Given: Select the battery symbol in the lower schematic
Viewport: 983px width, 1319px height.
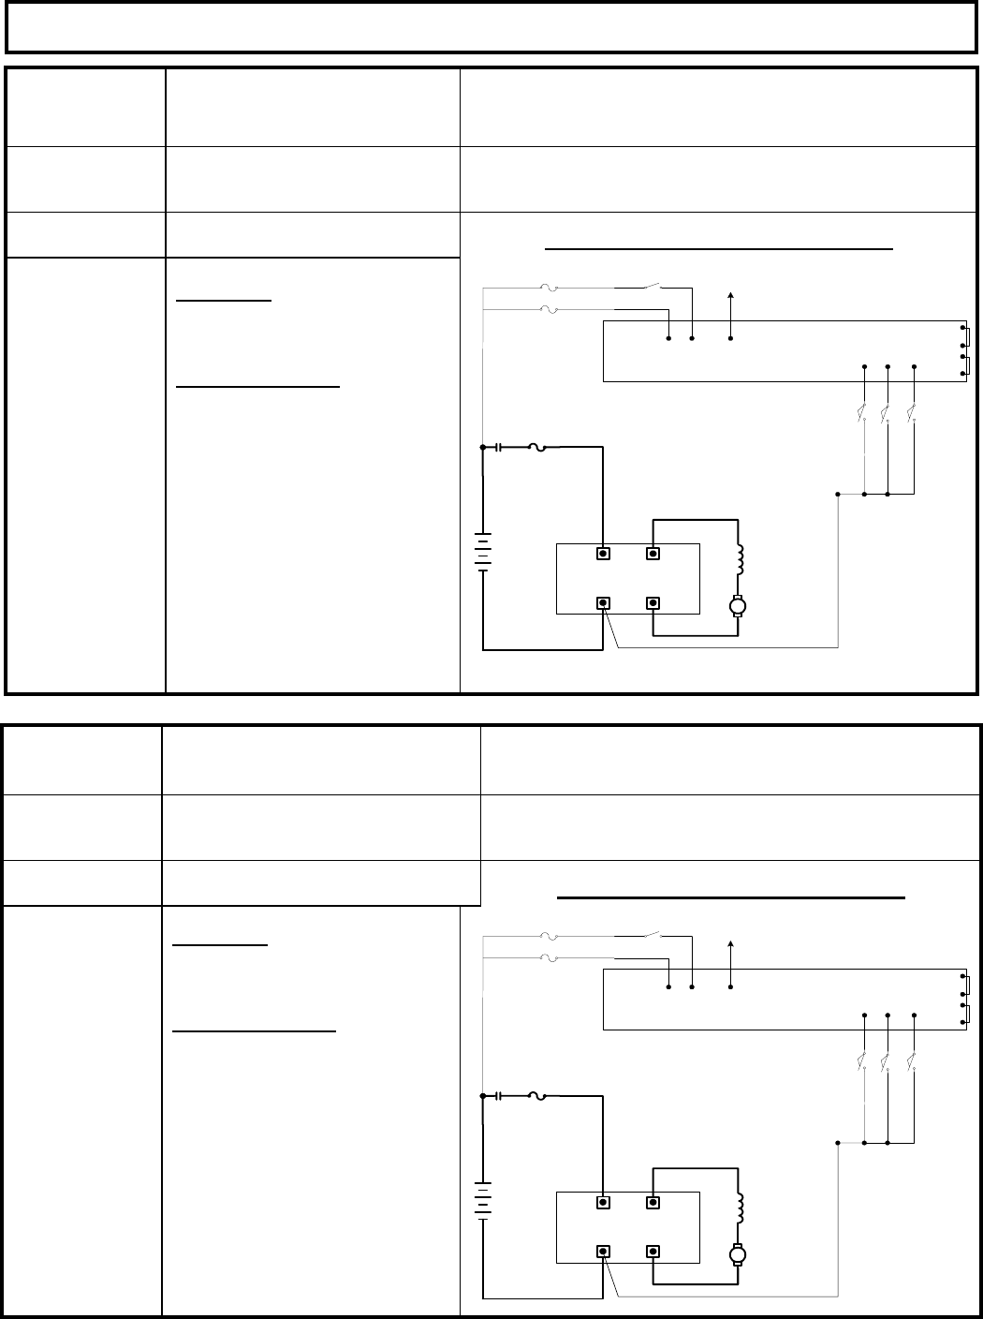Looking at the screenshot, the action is [x=483, y=1202].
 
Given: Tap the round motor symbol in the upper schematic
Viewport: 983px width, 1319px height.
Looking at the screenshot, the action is [x=738, y=606].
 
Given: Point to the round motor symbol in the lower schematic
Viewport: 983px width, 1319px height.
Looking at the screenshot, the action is [x=738, y=1254].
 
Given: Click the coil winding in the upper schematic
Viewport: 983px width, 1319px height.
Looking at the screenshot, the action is [x=739, y=560].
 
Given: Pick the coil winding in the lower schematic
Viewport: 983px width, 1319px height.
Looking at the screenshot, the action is [x=739, y=1208].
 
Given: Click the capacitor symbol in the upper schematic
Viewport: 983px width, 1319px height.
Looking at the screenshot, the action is [x=499, y=448].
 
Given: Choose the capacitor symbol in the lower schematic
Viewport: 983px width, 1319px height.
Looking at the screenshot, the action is [x=499, y=1096].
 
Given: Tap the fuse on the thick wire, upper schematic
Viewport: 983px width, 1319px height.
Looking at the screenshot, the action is [x=537, y=448].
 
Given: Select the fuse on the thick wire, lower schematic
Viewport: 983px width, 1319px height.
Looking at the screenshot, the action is [x=537, y=1096].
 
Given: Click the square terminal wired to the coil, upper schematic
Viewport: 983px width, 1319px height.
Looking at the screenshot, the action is [x=653, y=553].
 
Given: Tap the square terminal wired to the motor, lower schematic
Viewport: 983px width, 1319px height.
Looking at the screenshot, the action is [x=653, y=1251].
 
